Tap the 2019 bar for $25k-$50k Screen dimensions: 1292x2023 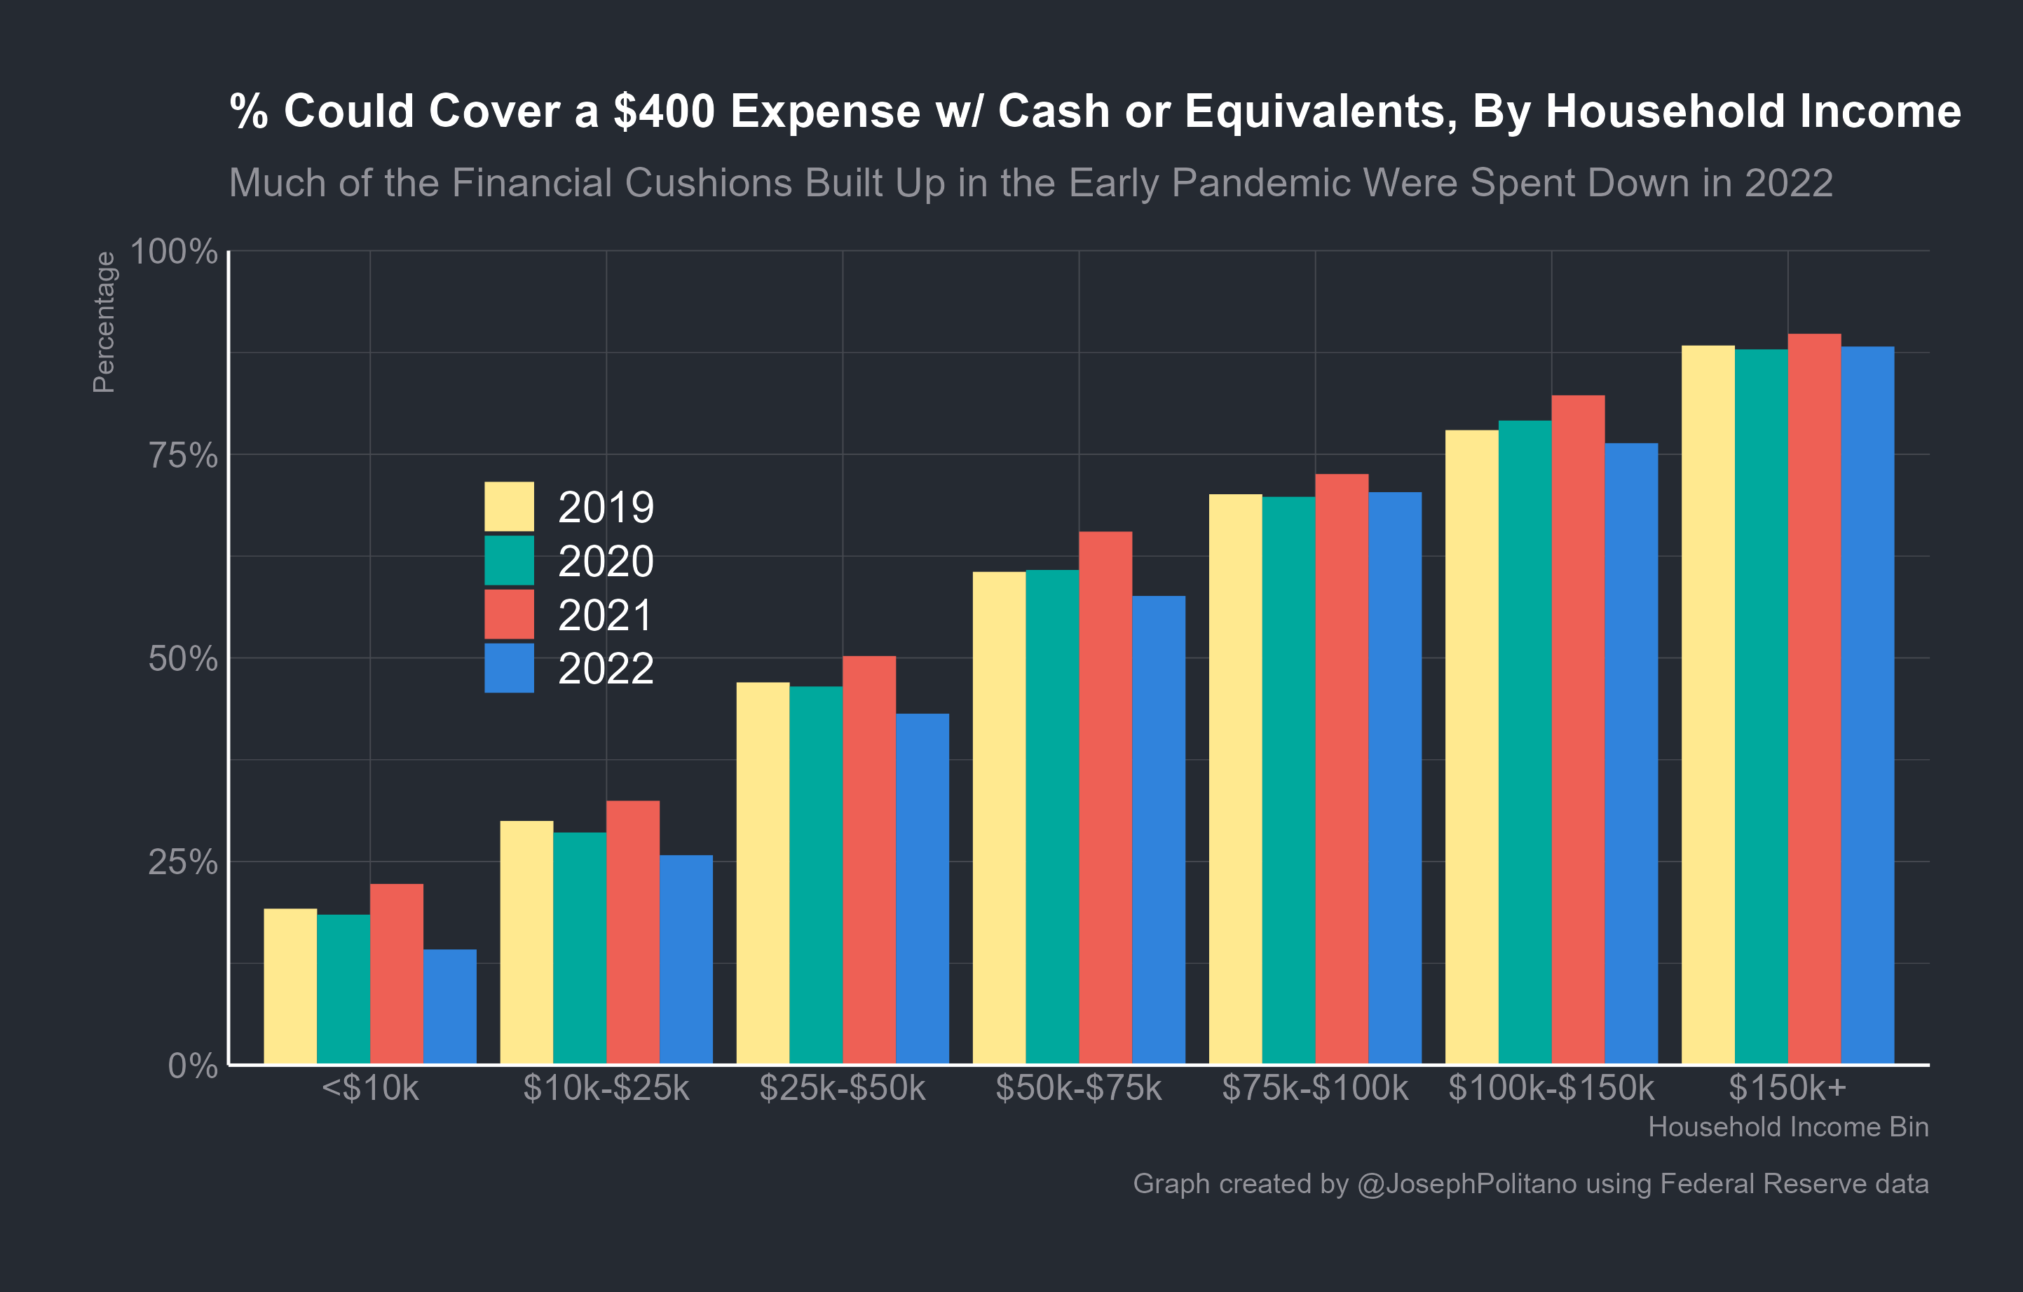[763, 873]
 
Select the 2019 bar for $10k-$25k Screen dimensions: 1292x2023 [526, 941]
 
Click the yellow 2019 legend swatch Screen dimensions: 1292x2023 [509, 507]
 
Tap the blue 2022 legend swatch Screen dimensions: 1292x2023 [509, 668]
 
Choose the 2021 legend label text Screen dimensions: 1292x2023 [606, 615]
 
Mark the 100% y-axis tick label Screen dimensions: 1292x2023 [174, 251]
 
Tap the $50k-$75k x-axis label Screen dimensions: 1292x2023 [1078, 1089]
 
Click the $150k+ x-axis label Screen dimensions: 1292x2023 [1787, 1089]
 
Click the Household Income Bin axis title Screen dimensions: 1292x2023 [1787, 1127]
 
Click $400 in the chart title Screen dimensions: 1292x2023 [664, 111]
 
